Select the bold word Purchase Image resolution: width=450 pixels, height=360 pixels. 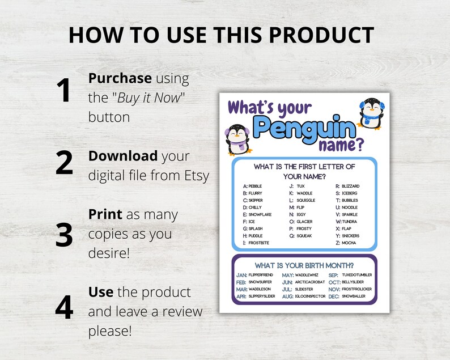(x=120, y=78)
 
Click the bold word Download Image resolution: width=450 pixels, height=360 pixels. (x=123, y=156)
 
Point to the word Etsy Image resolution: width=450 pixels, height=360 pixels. (x=194, y=175)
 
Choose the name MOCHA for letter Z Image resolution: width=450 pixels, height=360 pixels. (x=349, y=243)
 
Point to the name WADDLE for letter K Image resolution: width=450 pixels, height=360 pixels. (x=304, y=193)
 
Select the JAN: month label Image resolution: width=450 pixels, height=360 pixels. (x=241, y=275)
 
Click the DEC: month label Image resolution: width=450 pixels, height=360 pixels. (x=334, y=296)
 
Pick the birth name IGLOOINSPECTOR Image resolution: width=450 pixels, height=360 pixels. (x=310, y=296)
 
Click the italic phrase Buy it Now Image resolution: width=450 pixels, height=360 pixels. (x=150, y=98)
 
